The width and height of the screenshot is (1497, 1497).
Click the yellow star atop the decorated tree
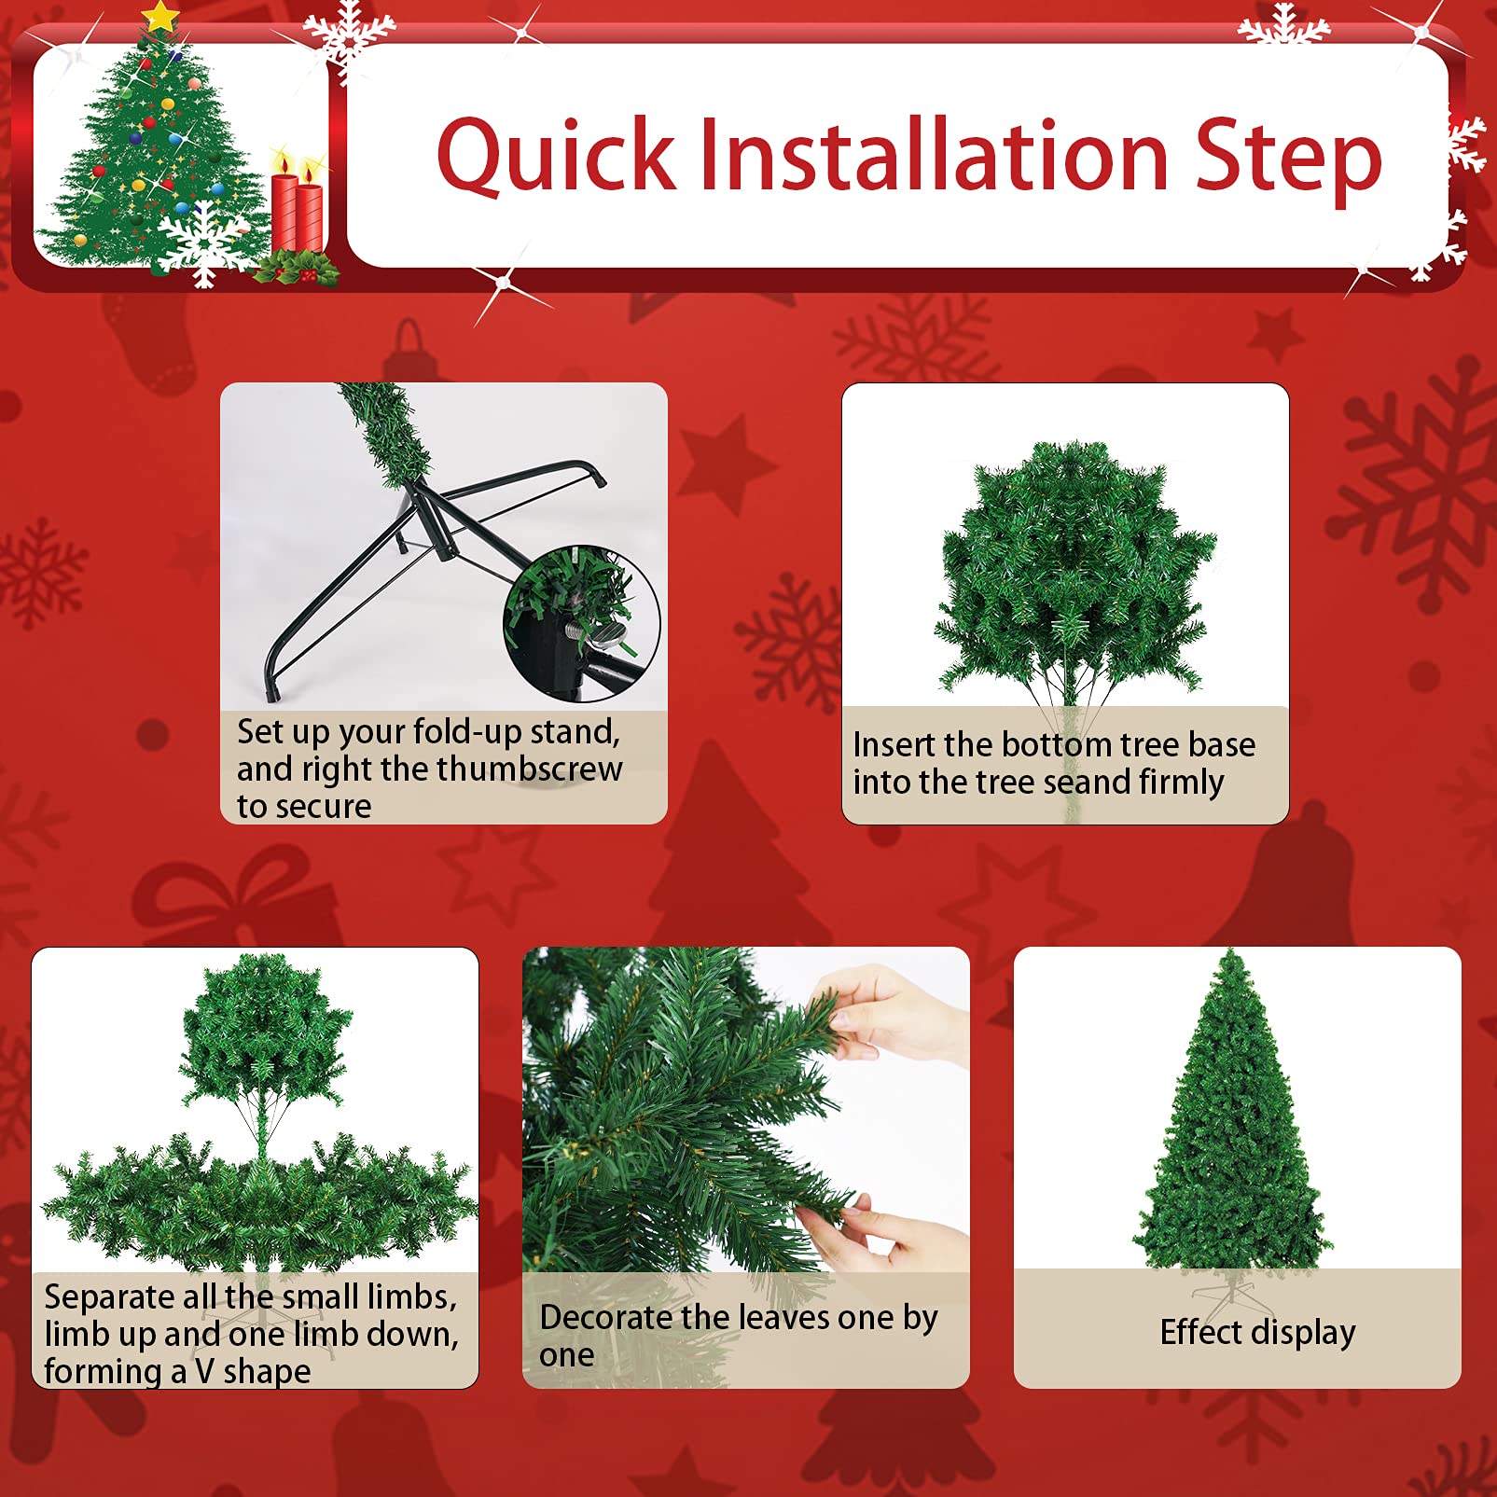pos(160,16)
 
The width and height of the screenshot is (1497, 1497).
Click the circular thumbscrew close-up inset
pos(582,623)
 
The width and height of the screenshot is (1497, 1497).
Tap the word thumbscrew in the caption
pos(529,769)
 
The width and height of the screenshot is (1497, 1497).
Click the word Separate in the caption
pos(110,1297)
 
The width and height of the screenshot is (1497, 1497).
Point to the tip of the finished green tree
pos(1232,949)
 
